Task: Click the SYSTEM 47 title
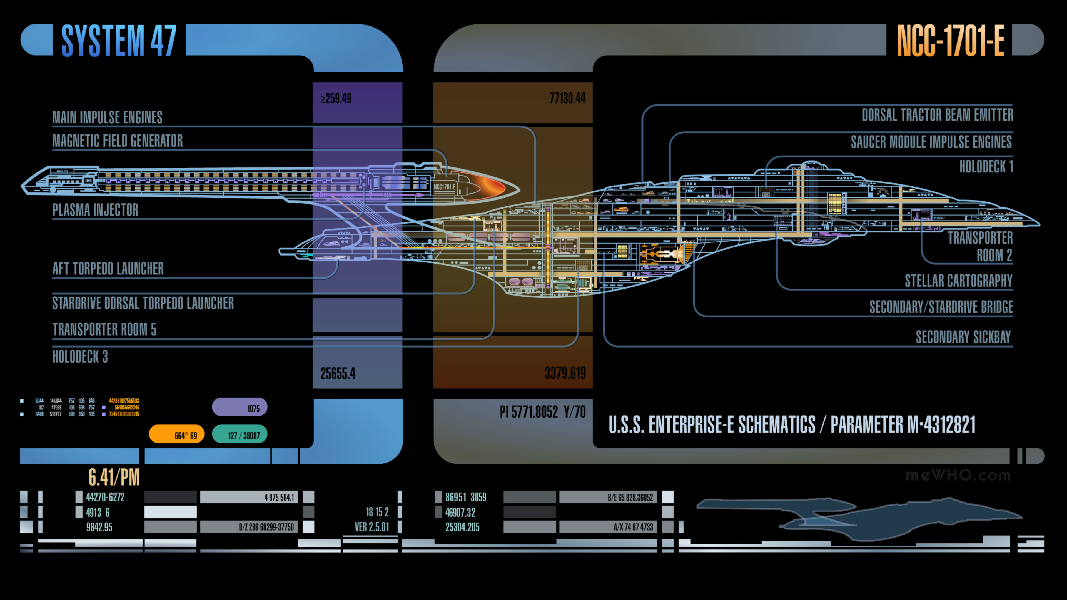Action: coord(119,40)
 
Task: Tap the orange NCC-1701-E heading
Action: coord(950,40)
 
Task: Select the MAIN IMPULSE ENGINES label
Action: coord(107,117)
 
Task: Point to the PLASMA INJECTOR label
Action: coord(95,210)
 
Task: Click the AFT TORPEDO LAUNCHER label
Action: coord(108,269)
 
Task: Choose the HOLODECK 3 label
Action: coord(80,356)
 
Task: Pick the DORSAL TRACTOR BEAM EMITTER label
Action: coord(937,115)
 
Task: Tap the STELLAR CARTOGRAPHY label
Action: coord(958,281)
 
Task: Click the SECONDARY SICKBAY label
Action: coord(963,337)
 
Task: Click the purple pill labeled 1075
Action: coord(240,407)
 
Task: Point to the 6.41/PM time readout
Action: coord(114,477)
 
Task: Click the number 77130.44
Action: coord(567,99)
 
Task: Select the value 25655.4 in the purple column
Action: coord(338,374)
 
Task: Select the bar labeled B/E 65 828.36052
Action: coord(608,497)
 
